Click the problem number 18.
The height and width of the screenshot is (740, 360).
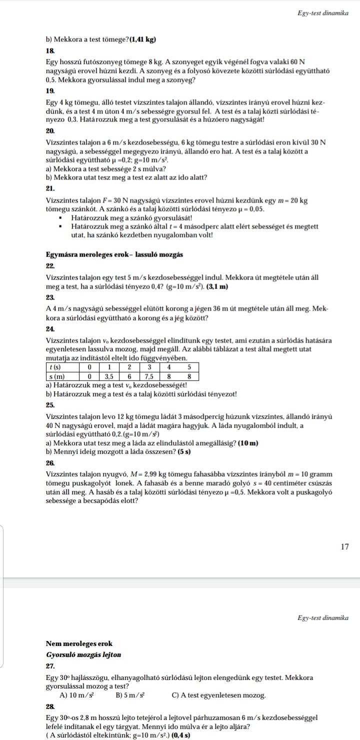tap(48, 50)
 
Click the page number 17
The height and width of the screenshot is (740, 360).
tap(344, 547)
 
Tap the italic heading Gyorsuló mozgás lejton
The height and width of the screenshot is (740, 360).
tap(83, 654)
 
